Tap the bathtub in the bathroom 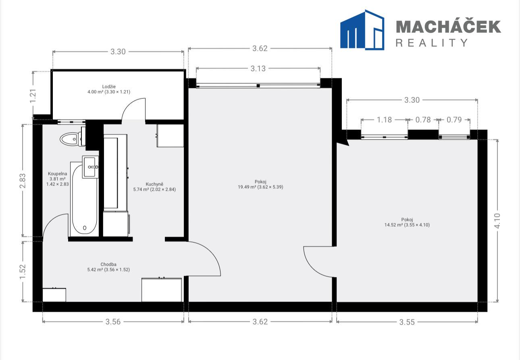(84, 199)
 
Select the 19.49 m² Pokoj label (260, 184)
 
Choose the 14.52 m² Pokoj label (407, 222)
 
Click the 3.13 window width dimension (258, 69)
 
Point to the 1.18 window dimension (384, 120)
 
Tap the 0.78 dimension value (423, 120)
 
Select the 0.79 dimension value (454, 120)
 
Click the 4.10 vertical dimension (497, 221)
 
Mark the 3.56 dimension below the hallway (113, 322)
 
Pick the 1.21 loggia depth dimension (33, 96)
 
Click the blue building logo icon (362, 30)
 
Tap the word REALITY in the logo (432, 43)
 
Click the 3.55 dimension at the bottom (407, 322)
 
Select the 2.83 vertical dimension (23, 181)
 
